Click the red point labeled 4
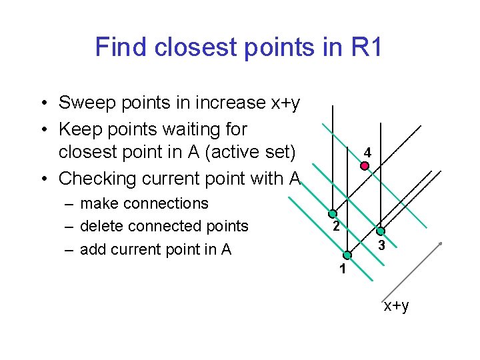pyautogui.click(x=364, y=166)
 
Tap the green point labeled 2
pyautogui.click(x=332, y=215)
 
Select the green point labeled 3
pyautogui.click(x=380, y=231)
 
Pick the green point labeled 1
pyautogui.click(x=347, y=255)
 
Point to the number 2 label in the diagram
pyautogui.click(x=337, y=227)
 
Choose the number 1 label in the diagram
pyautogui.click(x=342, y=269)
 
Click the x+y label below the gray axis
pyautogui.click(x=396, y=305)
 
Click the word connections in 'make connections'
pyautogui.click(x=164, y=203)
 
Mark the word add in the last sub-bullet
pyautogui.click(x=92, y=249)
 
